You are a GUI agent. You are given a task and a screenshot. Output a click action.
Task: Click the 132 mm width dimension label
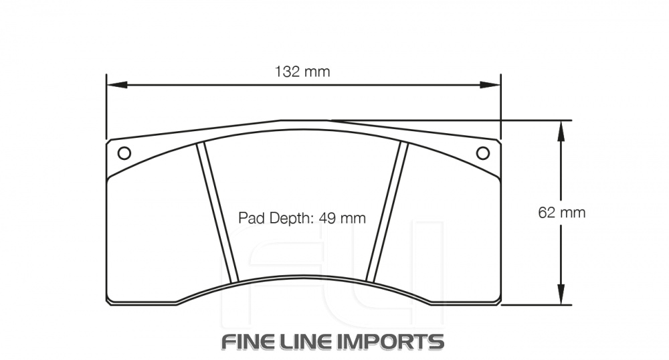(302, 72)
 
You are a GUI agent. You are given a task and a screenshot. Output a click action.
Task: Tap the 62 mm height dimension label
(561, 212)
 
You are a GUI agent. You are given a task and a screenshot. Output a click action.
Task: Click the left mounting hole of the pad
(124, 153)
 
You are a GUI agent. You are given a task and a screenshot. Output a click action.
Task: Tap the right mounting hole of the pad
(482, 153)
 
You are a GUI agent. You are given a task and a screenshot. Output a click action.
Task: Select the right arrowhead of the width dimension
(490, 85)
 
